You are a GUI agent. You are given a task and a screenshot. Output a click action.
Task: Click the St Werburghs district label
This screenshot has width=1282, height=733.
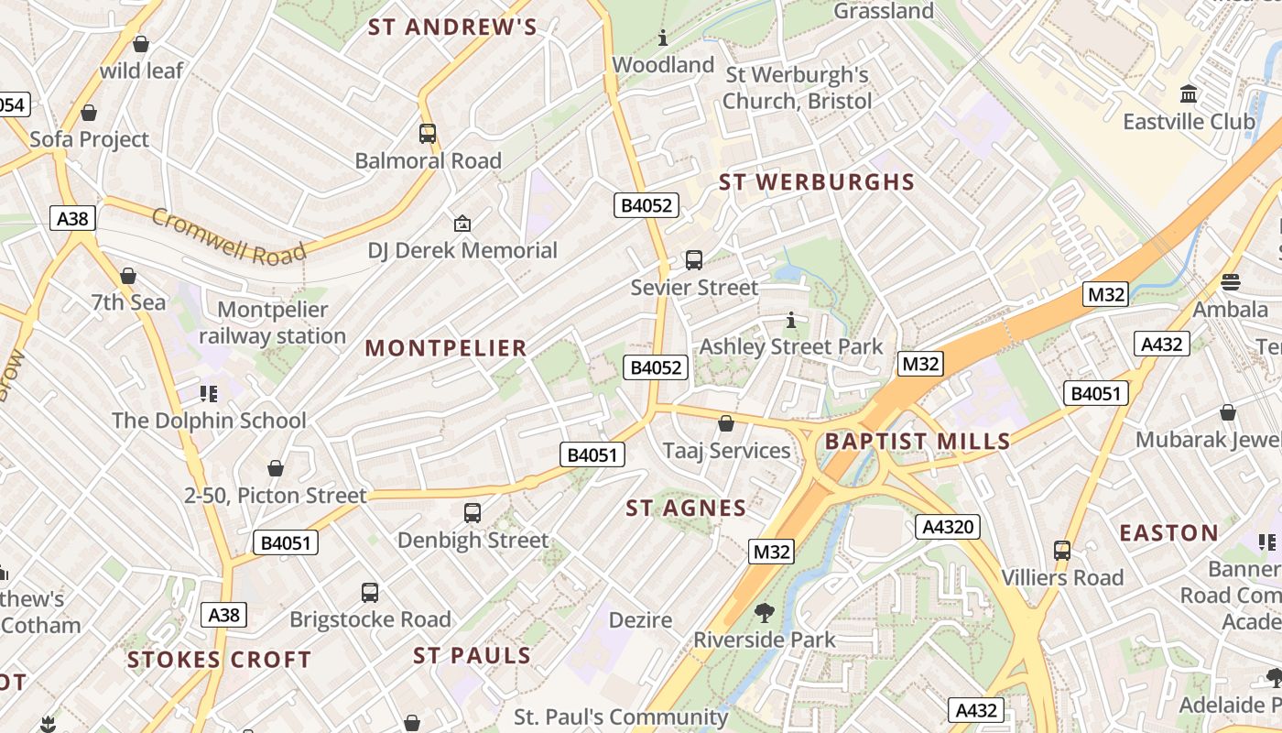click(x=817, y=182)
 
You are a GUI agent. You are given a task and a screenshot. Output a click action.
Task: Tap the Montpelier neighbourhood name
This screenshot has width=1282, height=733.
click(x=446, y=348)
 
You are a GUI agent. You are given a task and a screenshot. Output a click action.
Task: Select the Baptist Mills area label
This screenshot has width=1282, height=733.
click(x=918, y=442)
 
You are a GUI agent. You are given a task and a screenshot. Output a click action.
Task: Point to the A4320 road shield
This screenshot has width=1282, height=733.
click(x=948, y=527)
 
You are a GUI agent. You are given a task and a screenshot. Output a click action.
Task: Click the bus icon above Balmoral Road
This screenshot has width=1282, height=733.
click(x=428, y=134)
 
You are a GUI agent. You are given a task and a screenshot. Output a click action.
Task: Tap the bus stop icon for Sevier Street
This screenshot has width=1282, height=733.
click(x=694, y=260)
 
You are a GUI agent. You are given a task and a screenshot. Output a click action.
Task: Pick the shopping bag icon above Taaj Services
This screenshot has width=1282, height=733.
click(x=726, y=423)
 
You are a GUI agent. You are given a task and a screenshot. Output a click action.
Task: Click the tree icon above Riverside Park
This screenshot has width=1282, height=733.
click(x=764, y=612)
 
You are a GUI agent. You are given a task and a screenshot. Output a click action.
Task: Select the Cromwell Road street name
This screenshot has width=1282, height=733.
click(x=228, y=236)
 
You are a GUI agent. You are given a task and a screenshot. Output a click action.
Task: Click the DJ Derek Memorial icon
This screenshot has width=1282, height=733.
click(x=462, y=224)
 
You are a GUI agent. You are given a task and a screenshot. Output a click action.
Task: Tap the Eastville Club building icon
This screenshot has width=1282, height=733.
click(x=1189, y=93)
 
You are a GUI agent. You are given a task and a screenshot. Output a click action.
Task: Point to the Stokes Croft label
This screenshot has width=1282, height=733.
click(x=219, y=660)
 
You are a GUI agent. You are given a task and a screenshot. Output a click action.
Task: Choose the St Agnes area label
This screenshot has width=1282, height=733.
click(x=686, y=509)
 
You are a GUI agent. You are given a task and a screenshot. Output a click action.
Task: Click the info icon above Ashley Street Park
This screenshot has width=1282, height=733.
click(x=791, y=321)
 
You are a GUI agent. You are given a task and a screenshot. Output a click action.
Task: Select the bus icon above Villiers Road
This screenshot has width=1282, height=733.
click(x=1062, y=551)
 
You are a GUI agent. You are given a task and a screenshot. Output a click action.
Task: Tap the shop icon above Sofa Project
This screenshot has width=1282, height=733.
click(x=89, y=113)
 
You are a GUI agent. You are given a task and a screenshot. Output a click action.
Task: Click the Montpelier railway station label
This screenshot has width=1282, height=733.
click(x=272, y=323)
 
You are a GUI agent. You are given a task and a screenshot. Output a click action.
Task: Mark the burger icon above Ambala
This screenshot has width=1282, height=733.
click(x=1230, y=281)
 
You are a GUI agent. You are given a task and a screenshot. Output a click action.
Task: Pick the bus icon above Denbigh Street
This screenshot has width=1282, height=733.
click(x=473, y=513)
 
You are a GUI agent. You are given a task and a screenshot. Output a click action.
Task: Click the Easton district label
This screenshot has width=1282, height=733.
click(x=1168, y=533)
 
